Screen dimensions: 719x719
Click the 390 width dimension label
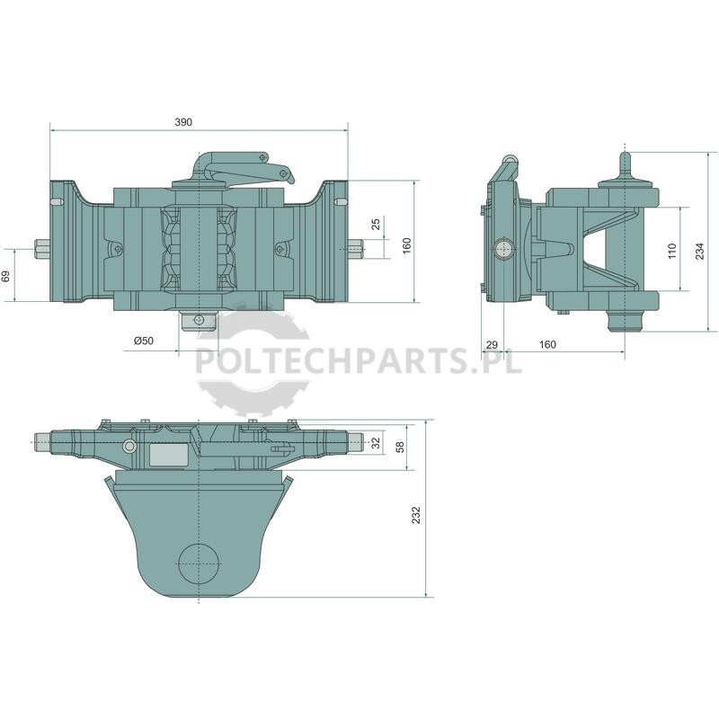pos(183,122)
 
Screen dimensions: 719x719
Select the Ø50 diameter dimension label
pos(144,341)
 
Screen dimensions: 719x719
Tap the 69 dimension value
pos(6,276)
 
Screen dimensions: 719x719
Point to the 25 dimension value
pos(376,224)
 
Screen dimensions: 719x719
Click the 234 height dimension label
pos(700,252)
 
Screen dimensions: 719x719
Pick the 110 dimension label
pos(672,252)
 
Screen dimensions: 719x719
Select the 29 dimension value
pos(492,344)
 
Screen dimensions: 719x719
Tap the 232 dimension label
pos(416,515)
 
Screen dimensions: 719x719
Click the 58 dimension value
pos(400,447)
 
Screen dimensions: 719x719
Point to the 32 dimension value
pos(376,443)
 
